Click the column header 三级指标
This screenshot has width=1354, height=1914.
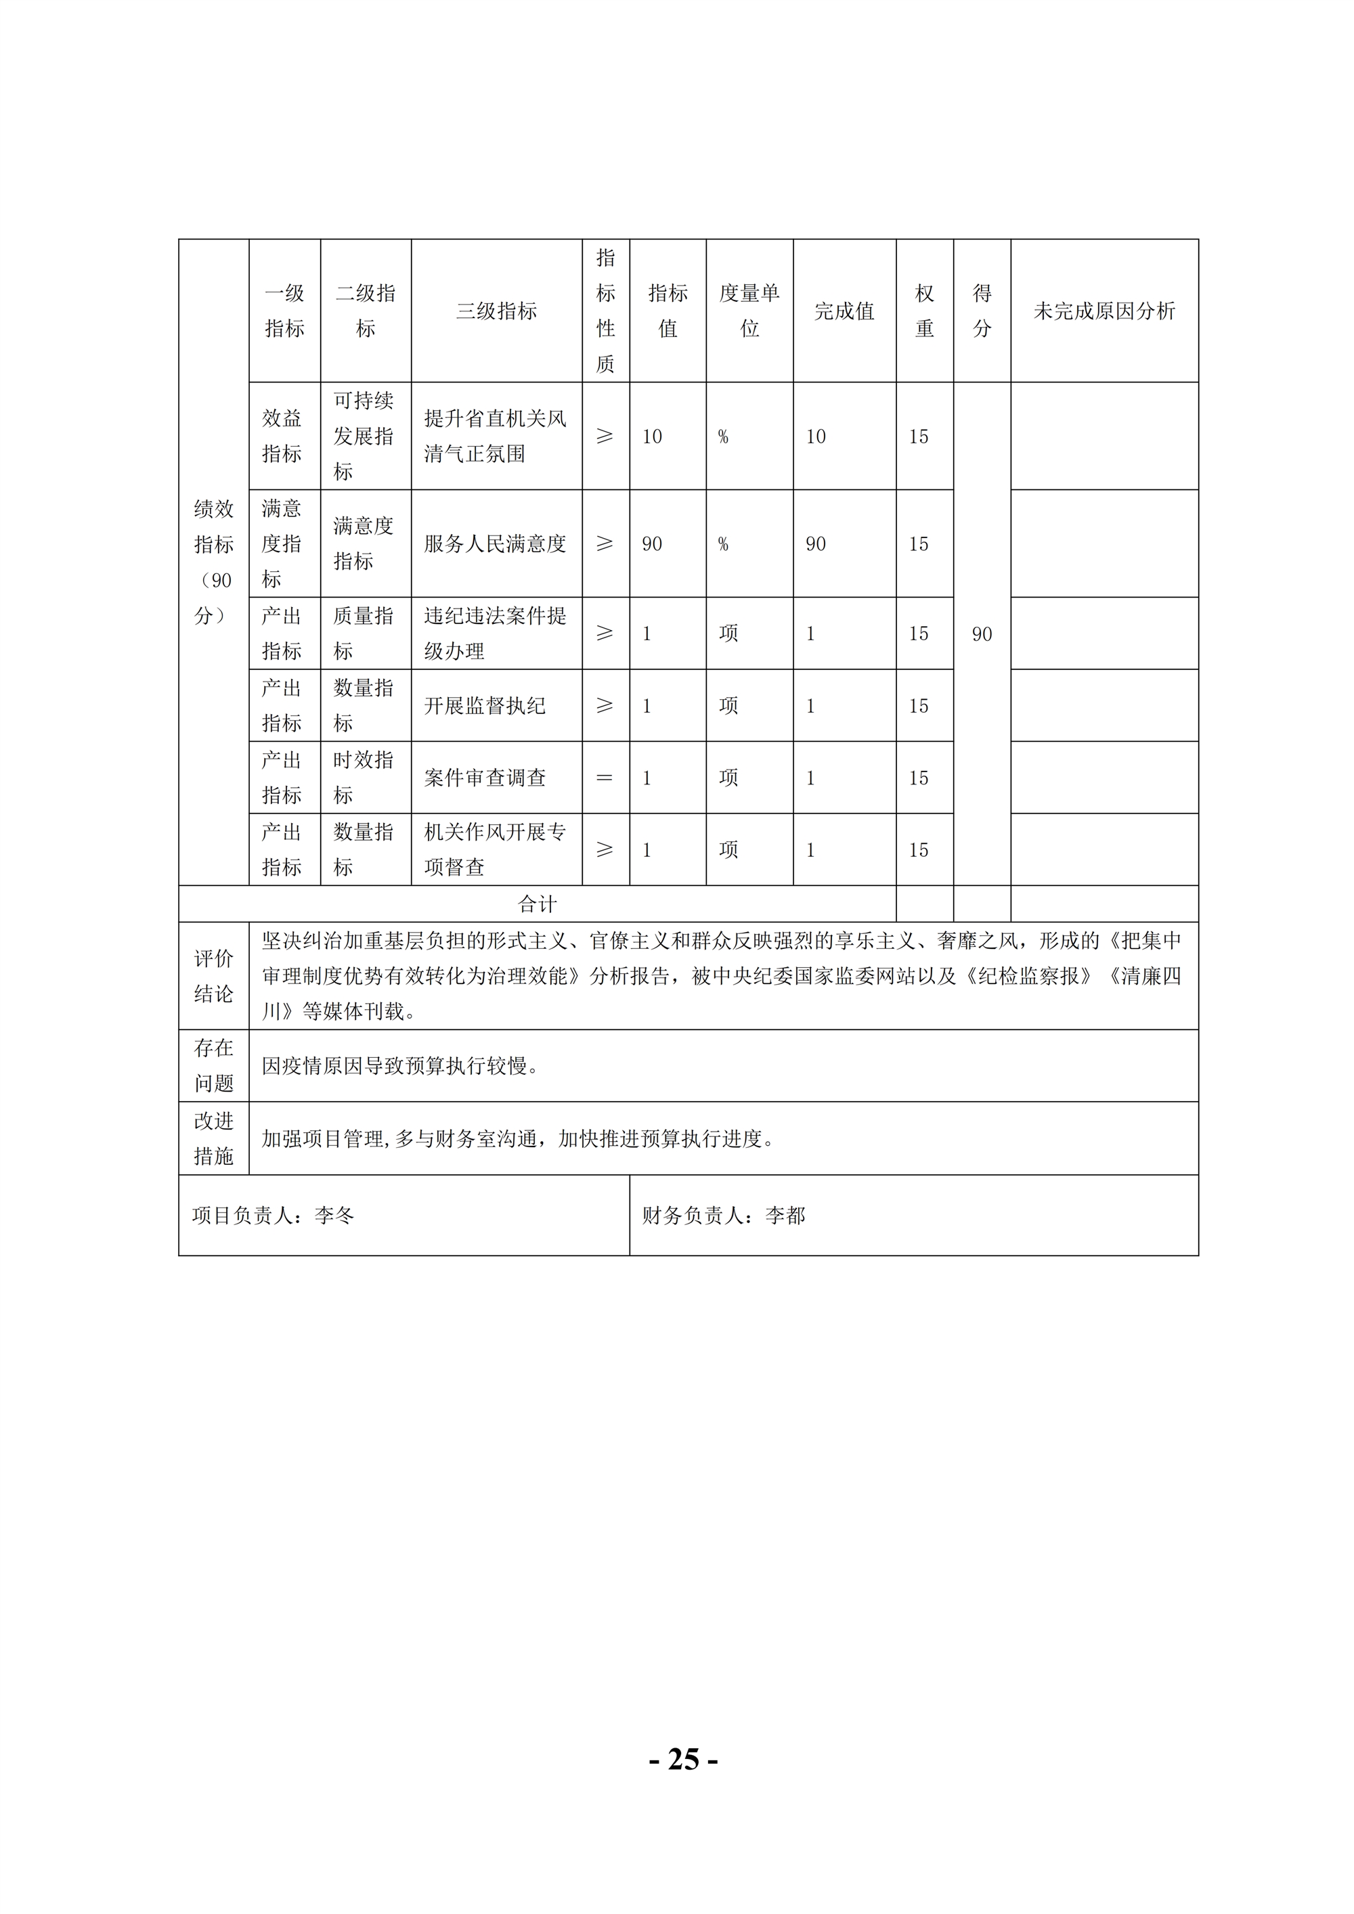[496, 311]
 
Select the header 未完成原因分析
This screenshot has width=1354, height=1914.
[1104, 311]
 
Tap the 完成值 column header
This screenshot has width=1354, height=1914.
[844, 311]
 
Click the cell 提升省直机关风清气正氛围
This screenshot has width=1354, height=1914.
[496, 436]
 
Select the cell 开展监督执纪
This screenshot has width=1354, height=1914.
[485, 705]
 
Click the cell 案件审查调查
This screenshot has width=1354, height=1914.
[485, 778]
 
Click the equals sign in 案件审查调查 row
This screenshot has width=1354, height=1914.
[605, 778]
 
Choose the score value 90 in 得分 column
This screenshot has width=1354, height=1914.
[982, 634]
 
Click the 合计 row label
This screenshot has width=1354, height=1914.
[537, 904]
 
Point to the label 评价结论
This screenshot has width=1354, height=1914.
[213, 975]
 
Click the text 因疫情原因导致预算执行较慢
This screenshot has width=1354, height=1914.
[399, 1065]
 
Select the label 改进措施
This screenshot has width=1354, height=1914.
[213, 1138]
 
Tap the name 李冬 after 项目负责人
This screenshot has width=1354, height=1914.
[334, 1216]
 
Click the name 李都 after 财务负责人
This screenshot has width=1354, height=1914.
[785, 1216]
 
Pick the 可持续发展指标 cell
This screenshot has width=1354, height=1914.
[364, 436]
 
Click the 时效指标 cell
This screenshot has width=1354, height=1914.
[364, 778]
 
